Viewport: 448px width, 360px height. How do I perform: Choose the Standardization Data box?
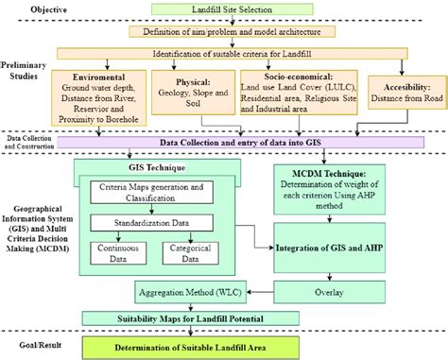tap(152, 226)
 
